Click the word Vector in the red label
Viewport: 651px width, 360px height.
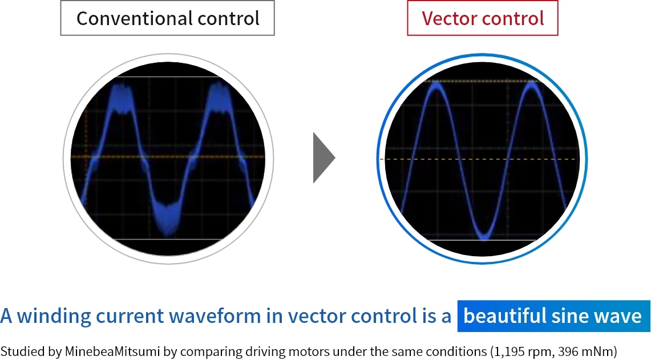click(x=448, y=18)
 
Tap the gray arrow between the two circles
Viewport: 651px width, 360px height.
click(x=324, y=158)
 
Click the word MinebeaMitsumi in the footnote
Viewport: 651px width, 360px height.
click(x=112, y=351)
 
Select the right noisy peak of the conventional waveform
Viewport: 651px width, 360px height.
click(x=219, y=98)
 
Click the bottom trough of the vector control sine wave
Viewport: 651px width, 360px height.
click(x=484, y=236)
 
